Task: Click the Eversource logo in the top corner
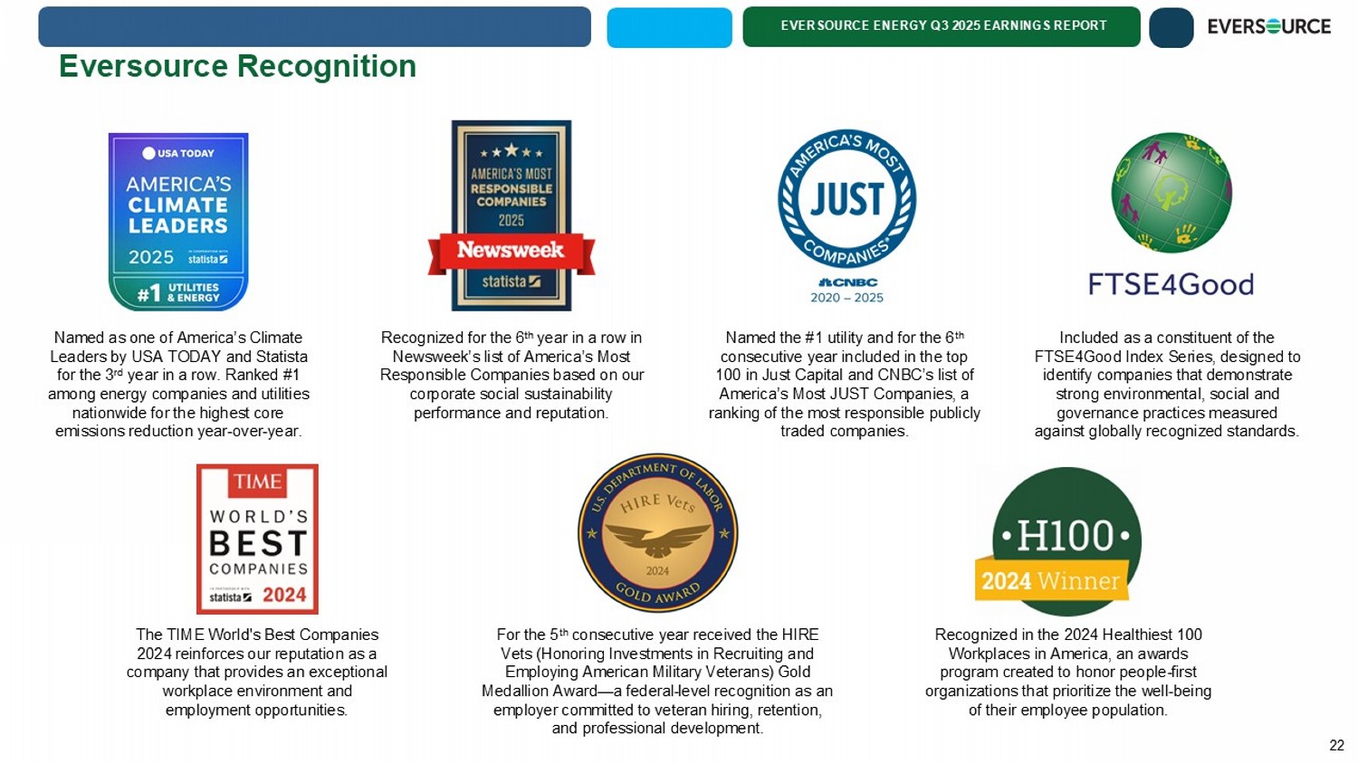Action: (x=1268, y=27)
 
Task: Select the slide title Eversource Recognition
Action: (x=237, y=66)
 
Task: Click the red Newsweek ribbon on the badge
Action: (x=511, y=251)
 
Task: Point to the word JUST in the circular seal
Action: (x=846, y=199)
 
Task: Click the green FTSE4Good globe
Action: (x=1171, y=193)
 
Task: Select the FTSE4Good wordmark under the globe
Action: (x=1171, y=285)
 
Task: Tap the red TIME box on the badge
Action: (x=258, y=482)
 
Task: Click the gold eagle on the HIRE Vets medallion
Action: (x=657, y=540)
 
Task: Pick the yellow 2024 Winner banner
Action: (x=1050, y=581)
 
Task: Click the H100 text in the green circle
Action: (x=1066, y=537)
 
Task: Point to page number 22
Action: (x=1336, y=745)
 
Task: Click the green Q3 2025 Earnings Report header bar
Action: (x=942, y=26)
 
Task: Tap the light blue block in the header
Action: (x=669, y=27)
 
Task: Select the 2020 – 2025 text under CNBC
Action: (x=846, y=298)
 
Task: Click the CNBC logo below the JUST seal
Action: (x=847, y=282)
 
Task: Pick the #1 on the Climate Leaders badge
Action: (x=148, y=293)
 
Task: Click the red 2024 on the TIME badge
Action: (x=284, y=596)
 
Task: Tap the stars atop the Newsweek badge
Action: (x=512, y=151)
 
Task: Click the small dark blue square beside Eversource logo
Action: (x=1171, y=27)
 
